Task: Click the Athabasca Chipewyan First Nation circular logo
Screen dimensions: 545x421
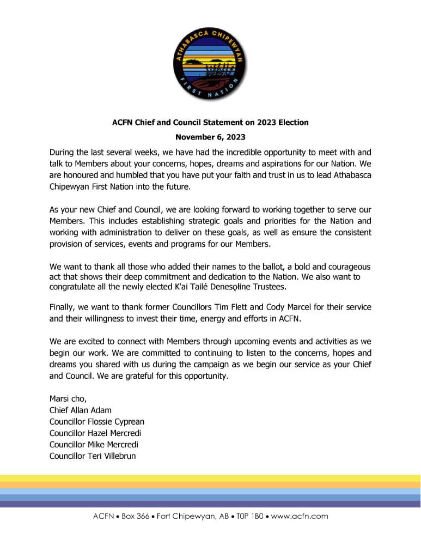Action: pos(210,62)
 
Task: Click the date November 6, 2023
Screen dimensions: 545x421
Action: pos(210,137)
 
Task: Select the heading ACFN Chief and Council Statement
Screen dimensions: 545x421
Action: pos(210,123)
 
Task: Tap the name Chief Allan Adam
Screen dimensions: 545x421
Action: pos(80,410)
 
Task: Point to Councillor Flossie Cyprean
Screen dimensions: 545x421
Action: pos(96,421)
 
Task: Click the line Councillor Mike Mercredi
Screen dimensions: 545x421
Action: pos(94,444)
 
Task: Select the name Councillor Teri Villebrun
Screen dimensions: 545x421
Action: pos(93,456)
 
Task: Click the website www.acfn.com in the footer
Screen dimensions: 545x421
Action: pos(300,516)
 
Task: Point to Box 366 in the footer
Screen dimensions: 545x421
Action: pos(132,516)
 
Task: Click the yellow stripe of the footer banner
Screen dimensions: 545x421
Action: pos(210,478)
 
